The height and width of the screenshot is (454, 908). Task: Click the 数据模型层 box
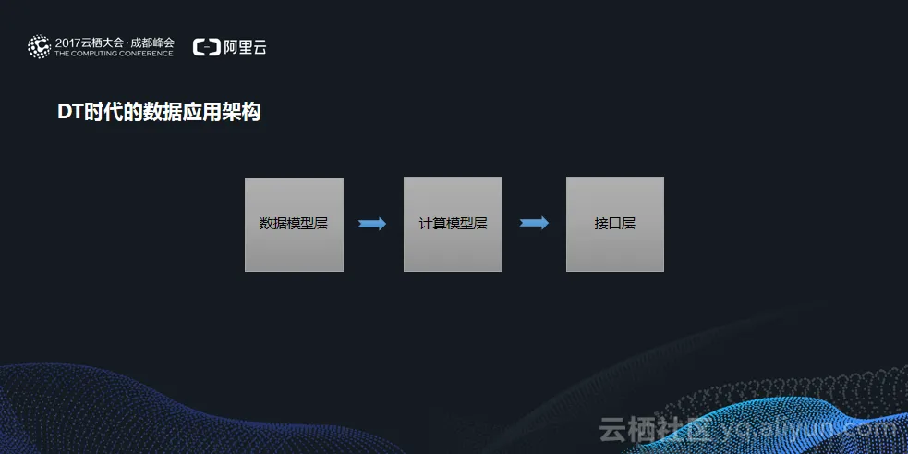pyautogui.click(x=294, y=224)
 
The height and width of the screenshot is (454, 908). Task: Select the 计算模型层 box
pyautogui.click(x=453, y=224)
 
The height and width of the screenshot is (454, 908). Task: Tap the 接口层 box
pyautogui.click(x=614, y=224)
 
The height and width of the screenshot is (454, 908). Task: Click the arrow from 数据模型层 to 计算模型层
pyautogui.click(x=372, y=224)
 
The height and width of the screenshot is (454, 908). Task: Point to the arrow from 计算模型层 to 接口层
pyautogui.click(x=534, y=223)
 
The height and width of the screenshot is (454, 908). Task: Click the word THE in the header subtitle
pyautogui.click(x=63, y=54)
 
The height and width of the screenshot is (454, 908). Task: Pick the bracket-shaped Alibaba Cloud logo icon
pyautogui.click(x=206, y=47)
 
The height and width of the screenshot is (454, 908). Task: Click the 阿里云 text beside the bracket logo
pyautogui.click(x=246, y=47)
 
